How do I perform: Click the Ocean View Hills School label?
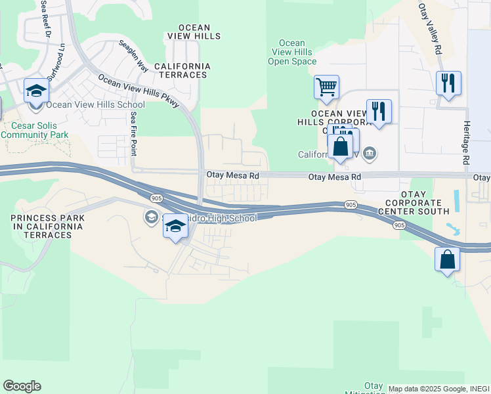[96, 105]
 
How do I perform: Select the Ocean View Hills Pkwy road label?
[139, 93]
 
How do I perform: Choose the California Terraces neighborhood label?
[182, 71]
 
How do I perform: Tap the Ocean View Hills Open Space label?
[292, 53]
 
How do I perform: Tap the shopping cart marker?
[326, 87]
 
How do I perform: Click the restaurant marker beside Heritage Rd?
[448, 83]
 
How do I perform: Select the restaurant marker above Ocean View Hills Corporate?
[379, 111]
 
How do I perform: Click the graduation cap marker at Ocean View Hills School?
[37, 91]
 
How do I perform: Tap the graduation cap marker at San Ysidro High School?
[175, 227]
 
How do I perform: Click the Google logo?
[22, 386]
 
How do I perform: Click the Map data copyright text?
[438, 389]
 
